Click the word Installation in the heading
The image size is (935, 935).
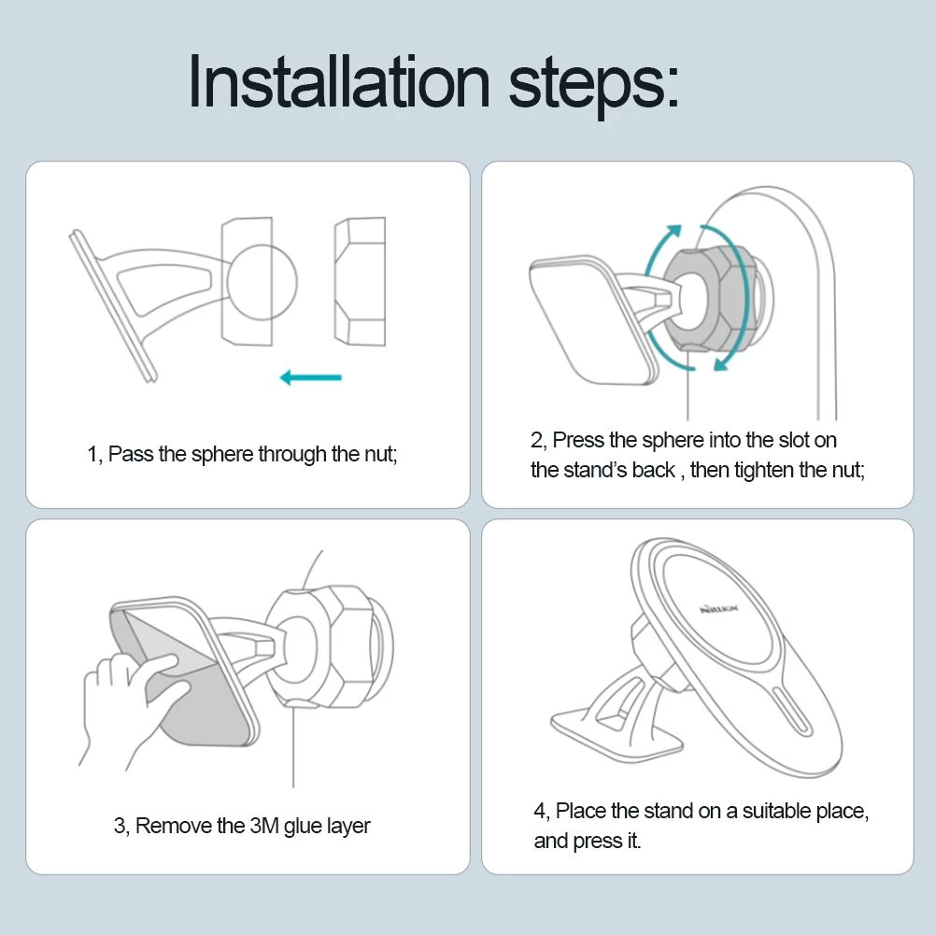pyautogui.click(x=339, y=81)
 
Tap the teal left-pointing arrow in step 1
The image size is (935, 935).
pyautogui.click(x=311, y=377)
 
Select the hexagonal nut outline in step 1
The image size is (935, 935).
pyautogui.click(x=361, y=281)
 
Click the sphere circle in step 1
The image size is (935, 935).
pyautogui.click(x=262, y=281)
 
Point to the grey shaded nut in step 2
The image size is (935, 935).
pyautogui.click(x=707, y=299)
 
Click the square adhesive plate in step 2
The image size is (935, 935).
pyautogui.click(x=594, y=320)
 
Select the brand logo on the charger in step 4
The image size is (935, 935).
pyautogui.click(x=718, y=609)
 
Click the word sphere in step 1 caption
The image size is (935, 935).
pyautogui.click(x=222, y=454)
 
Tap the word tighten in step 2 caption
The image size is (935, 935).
pyautogui.click(x=764, y=471)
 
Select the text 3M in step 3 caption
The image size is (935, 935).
pyautogui.click(x=263, y=826)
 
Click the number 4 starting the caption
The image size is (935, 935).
pyautogui.click(x=541, y=812)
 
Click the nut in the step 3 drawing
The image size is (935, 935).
pyautogui.click(x=325, y=647)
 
